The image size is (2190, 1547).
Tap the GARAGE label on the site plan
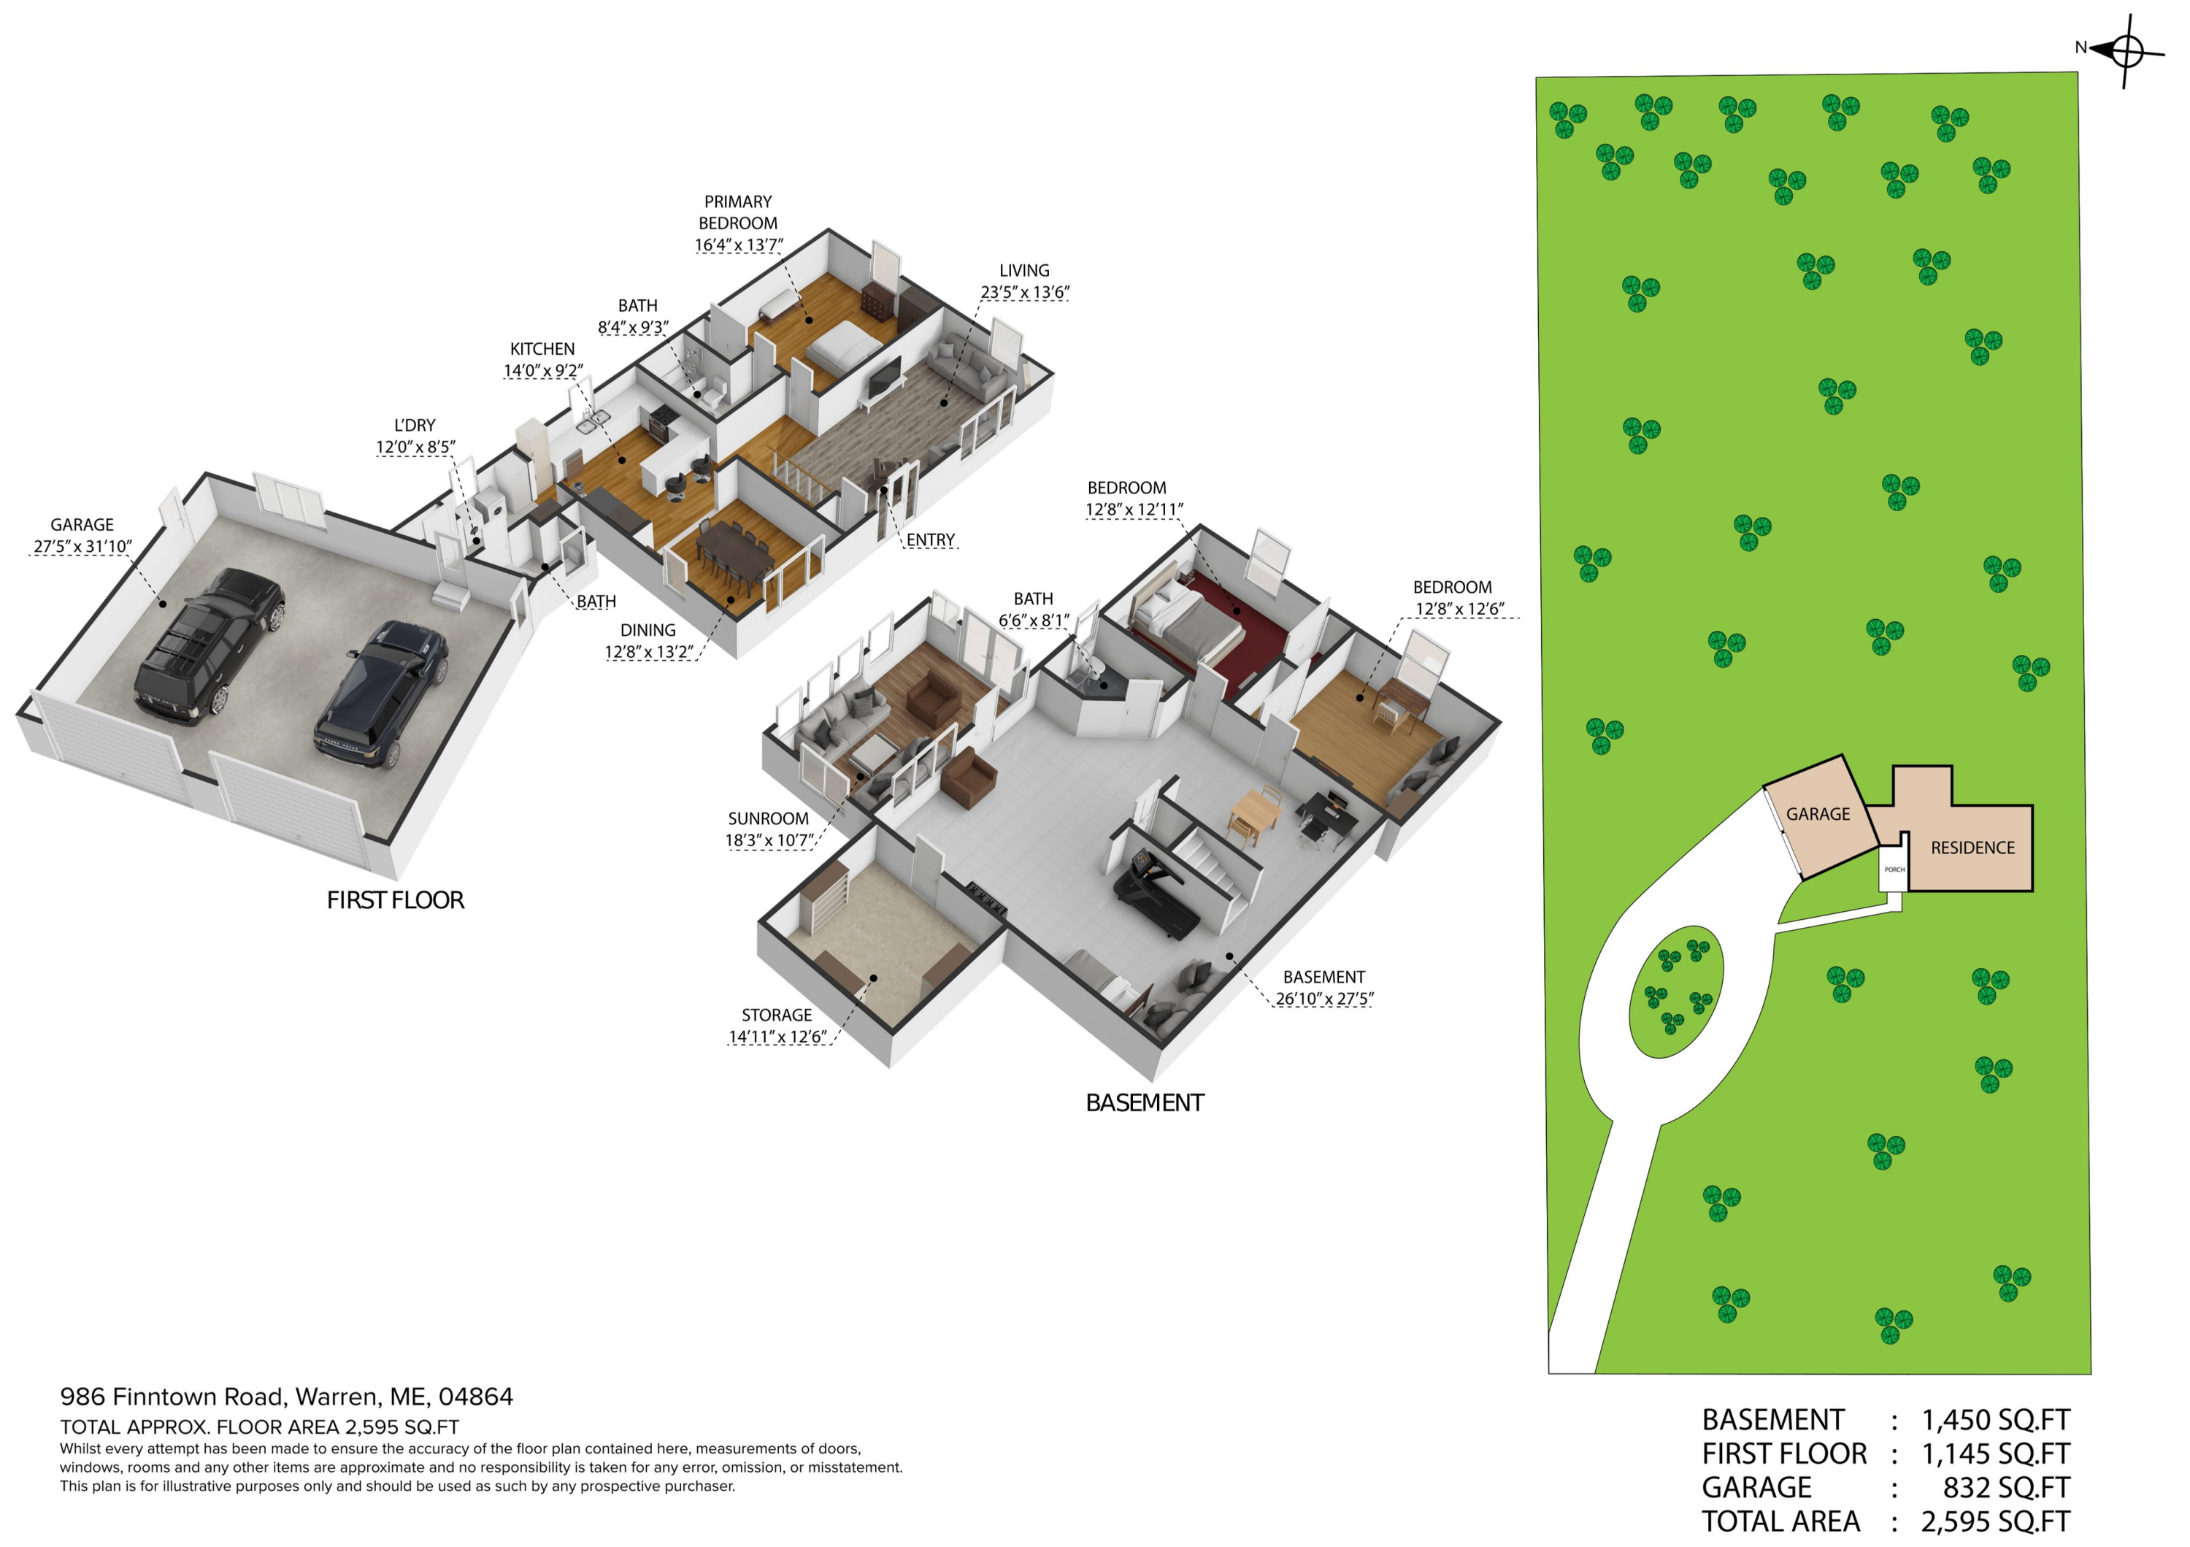1817,813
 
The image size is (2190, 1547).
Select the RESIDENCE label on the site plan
1972,848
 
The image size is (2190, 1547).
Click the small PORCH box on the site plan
1894,870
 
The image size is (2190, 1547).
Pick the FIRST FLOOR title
395,900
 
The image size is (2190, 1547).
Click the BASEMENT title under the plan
1145,1102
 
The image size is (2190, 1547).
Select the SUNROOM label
768,818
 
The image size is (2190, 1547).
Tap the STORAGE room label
777,1015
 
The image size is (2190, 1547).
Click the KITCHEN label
542,349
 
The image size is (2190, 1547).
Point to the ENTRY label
930,540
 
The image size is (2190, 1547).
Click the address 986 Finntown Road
172,1397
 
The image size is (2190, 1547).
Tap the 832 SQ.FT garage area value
2006,1487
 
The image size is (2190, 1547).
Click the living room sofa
968,372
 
